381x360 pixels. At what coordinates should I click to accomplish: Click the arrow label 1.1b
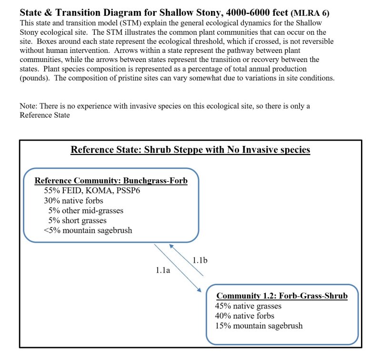[200, 260]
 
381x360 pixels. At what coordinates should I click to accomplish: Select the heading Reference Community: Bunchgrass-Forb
[111, 181]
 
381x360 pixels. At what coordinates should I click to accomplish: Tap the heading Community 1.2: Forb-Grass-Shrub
[282, 296]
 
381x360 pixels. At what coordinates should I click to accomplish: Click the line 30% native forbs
[73, 201]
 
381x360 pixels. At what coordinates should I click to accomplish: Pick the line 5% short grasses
[77, 220]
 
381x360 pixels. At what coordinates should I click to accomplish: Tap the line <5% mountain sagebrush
[88, 230]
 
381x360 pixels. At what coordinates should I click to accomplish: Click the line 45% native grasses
[248, 306]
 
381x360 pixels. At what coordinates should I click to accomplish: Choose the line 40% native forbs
[245, 316]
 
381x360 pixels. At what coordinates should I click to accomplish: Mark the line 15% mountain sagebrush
[259, 326]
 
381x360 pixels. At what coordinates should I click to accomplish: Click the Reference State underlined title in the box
[190, 150]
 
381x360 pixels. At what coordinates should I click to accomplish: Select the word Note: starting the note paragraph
[30, 106]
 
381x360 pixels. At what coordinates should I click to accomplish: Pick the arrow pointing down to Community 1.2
[176, 267]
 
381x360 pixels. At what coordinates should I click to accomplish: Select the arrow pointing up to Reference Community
[188, 260]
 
